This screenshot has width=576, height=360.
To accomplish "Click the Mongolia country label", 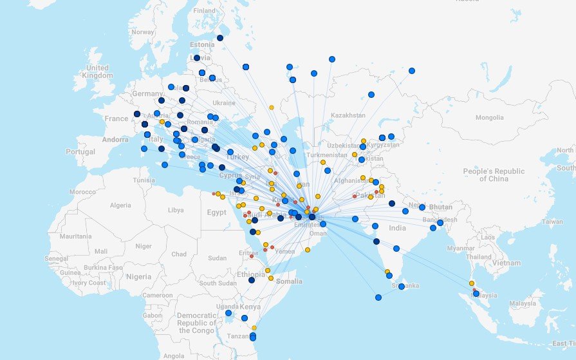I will click(490, 118).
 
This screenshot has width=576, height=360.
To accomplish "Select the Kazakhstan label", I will click(348, 115).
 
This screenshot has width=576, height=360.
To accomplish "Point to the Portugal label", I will click(80, 151).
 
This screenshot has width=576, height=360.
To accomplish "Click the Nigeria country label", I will click(139, 276).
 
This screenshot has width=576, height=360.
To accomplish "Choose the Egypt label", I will click(217, 213).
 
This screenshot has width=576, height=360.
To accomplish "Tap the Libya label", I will click(175, 210).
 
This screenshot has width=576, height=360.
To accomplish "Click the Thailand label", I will click(478, 256).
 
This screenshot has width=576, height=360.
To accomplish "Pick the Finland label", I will click(205, 11).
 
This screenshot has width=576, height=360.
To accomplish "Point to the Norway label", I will click(142, 32).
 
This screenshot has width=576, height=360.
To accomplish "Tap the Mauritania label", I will click(76, 236).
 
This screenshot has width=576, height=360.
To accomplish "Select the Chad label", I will click(180, 254).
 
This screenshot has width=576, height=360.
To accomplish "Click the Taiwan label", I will click(552, 221).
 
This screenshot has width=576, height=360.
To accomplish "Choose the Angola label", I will click(174, 355).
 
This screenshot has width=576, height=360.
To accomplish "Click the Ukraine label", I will click(224, 102).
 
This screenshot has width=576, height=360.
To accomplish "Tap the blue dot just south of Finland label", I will click(220, 38).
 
